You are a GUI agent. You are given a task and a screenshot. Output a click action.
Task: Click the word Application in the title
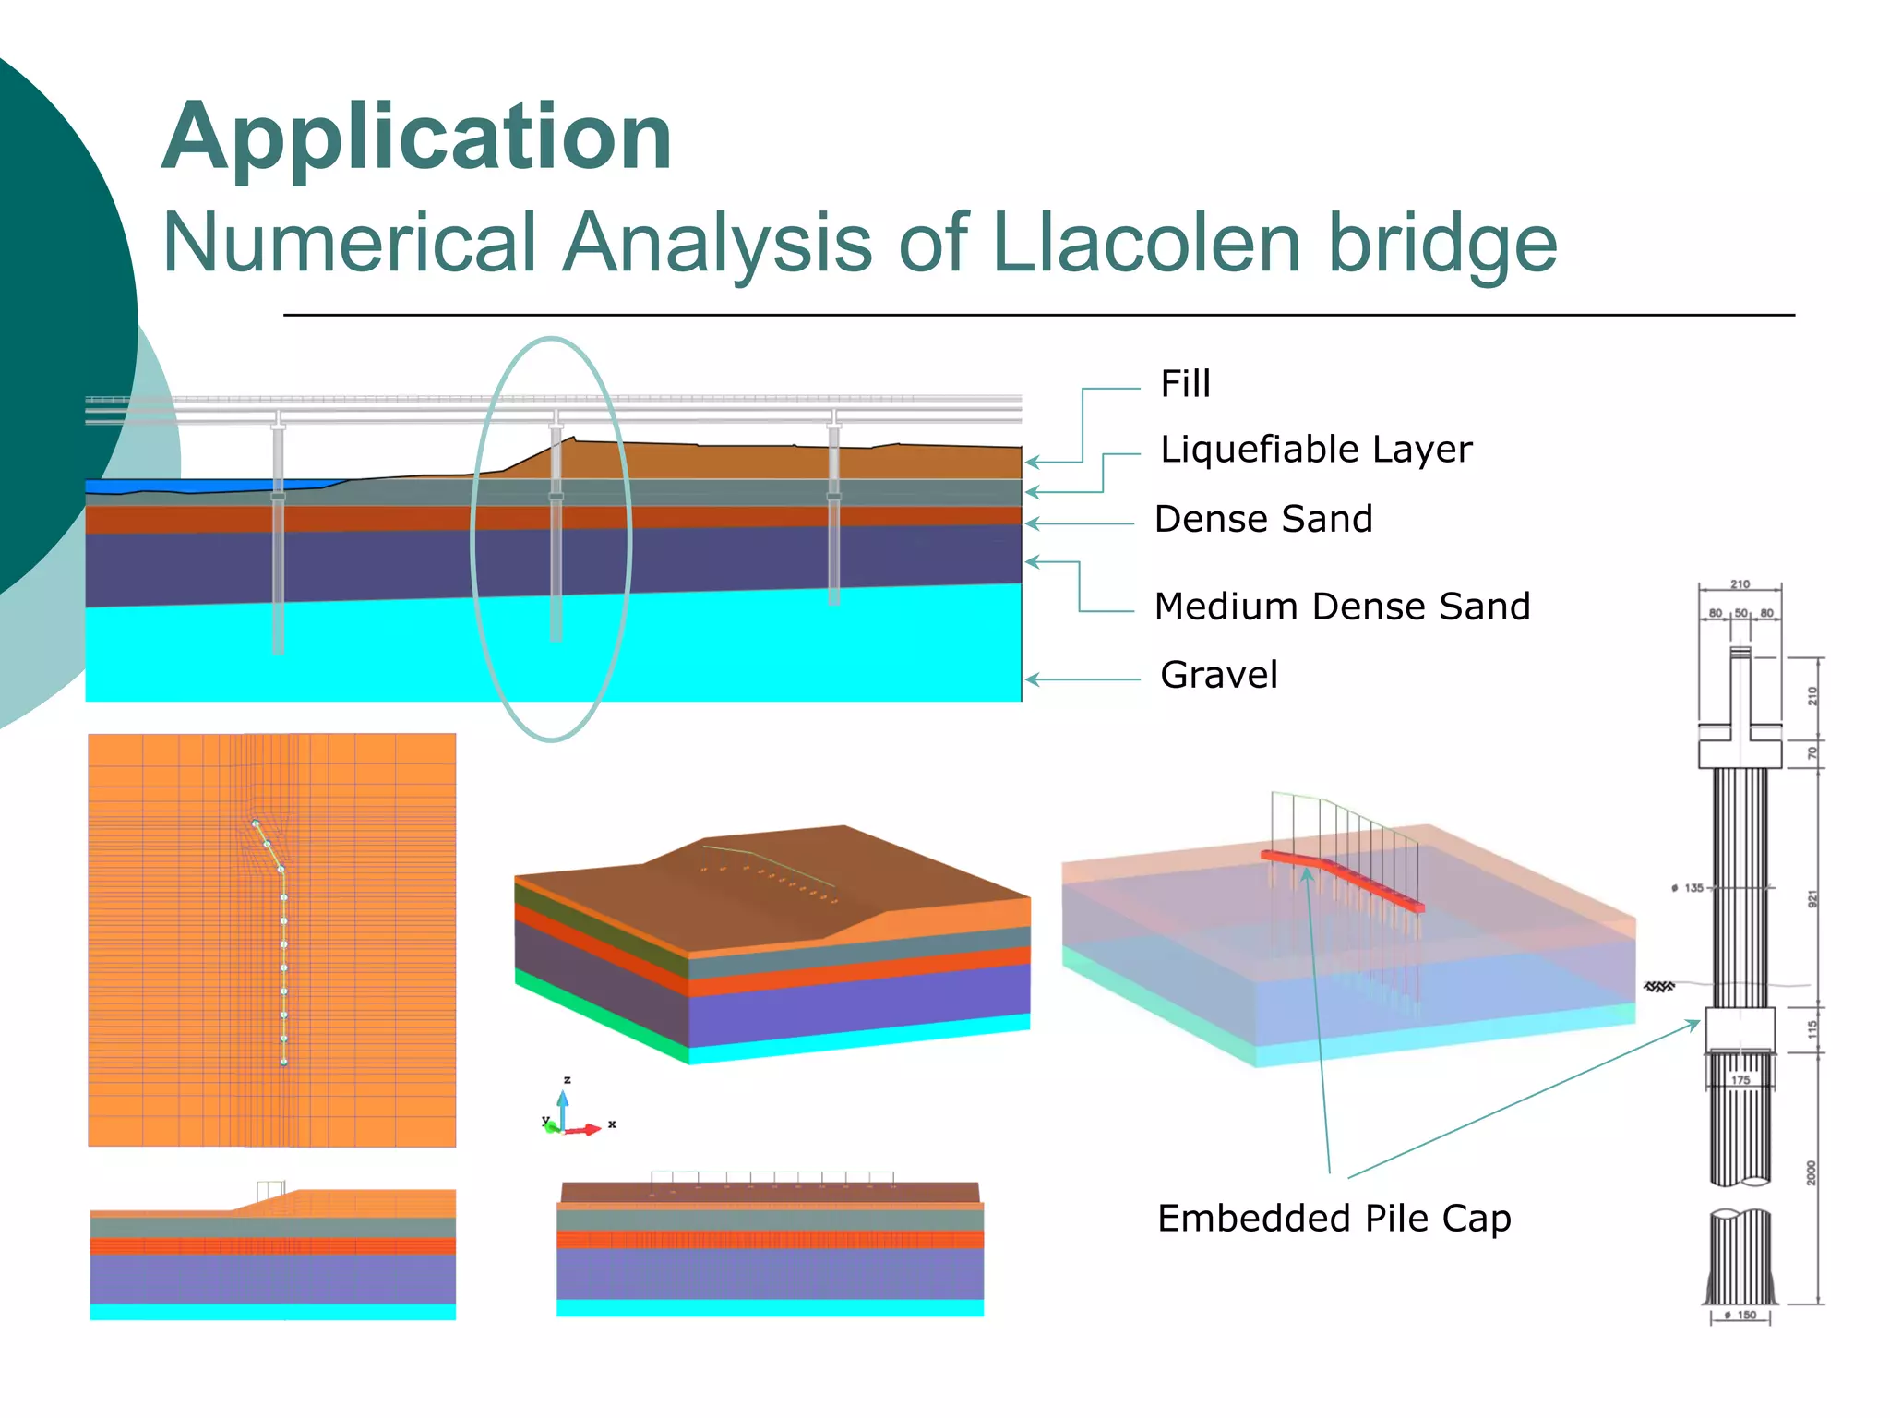[417, 138]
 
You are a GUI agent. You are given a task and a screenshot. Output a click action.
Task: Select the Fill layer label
[1185, 384]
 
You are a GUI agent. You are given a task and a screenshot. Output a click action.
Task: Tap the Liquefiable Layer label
[1316, 450]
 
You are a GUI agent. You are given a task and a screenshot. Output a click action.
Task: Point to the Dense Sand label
[1263, 520]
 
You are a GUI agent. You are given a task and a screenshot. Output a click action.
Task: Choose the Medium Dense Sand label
[1342, 607]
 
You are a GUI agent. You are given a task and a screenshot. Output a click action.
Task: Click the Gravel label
[1219, 676]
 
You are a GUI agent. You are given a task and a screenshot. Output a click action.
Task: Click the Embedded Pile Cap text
[1334, 1219]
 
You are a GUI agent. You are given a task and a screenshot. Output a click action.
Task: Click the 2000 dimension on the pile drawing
[1812, 1173]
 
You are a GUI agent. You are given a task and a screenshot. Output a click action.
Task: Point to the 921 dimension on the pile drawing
[1812, 898]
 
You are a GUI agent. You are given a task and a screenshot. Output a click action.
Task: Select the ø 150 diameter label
[1741, 1315]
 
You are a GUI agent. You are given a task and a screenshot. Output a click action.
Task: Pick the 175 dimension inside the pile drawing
[1740, 1079]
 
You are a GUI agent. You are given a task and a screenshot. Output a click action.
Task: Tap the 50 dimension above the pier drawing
[1740, 613]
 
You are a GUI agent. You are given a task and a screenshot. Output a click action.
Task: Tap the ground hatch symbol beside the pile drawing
[1659, 987]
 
